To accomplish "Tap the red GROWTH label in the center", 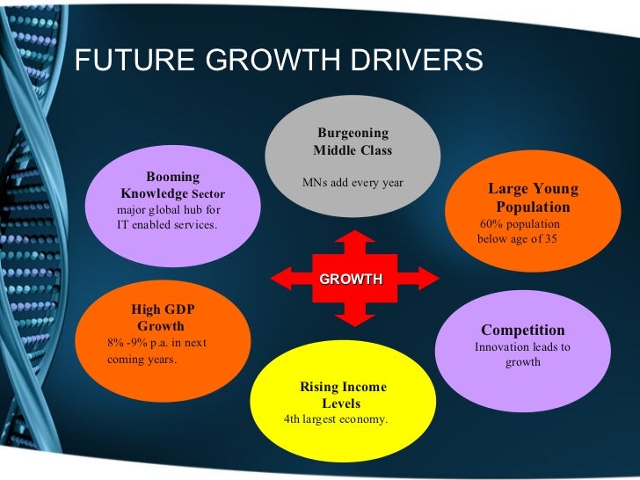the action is click(x=351, y=280).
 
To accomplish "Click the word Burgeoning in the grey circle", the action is click(x=353, y=133).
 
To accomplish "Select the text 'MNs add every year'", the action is click(x=353, y=183).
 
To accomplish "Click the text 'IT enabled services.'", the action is click(x=167, y=225).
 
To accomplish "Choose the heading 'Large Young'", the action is click(x=533, y=190).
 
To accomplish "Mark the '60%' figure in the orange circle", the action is click(x=492, y=224).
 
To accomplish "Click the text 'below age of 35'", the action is click(x=517, y=239).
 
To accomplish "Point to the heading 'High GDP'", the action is click(x=163, y=309).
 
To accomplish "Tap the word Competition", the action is click(x=522, y=331).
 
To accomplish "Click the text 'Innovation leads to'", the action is click(x=522, y=347).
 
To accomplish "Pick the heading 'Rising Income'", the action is click(x=343, y=388).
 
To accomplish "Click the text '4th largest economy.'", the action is click(x=336, y=419).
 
